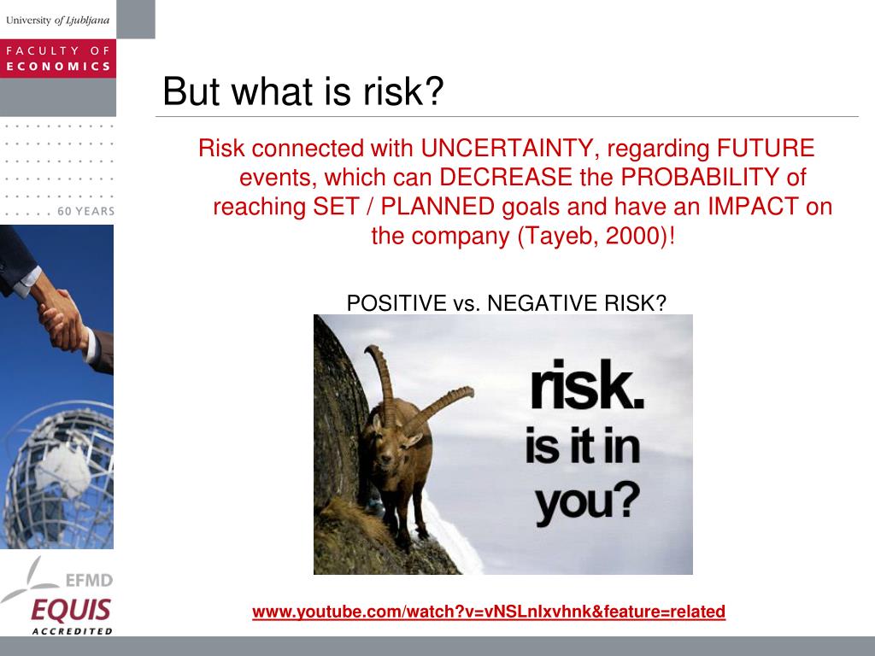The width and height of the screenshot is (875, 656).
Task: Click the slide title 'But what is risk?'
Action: click(303, 91)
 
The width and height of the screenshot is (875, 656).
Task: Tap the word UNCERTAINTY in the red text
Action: click(506, 149)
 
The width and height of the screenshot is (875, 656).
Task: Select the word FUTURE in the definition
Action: click(766, 149)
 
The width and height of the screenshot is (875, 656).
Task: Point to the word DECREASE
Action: click(506, 178)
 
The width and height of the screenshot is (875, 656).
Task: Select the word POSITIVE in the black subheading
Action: click(396, 303)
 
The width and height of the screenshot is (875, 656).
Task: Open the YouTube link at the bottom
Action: click(489, 612)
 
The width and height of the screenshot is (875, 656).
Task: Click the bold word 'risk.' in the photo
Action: click(586, 385)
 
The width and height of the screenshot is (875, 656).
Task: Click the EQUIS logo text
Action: click(71, 610)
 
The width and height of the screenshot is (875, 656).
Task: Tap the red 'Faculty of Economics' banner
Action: click(58, 59)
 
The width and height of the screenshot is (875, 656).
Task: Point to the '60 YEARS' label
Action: click(86, 212)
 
